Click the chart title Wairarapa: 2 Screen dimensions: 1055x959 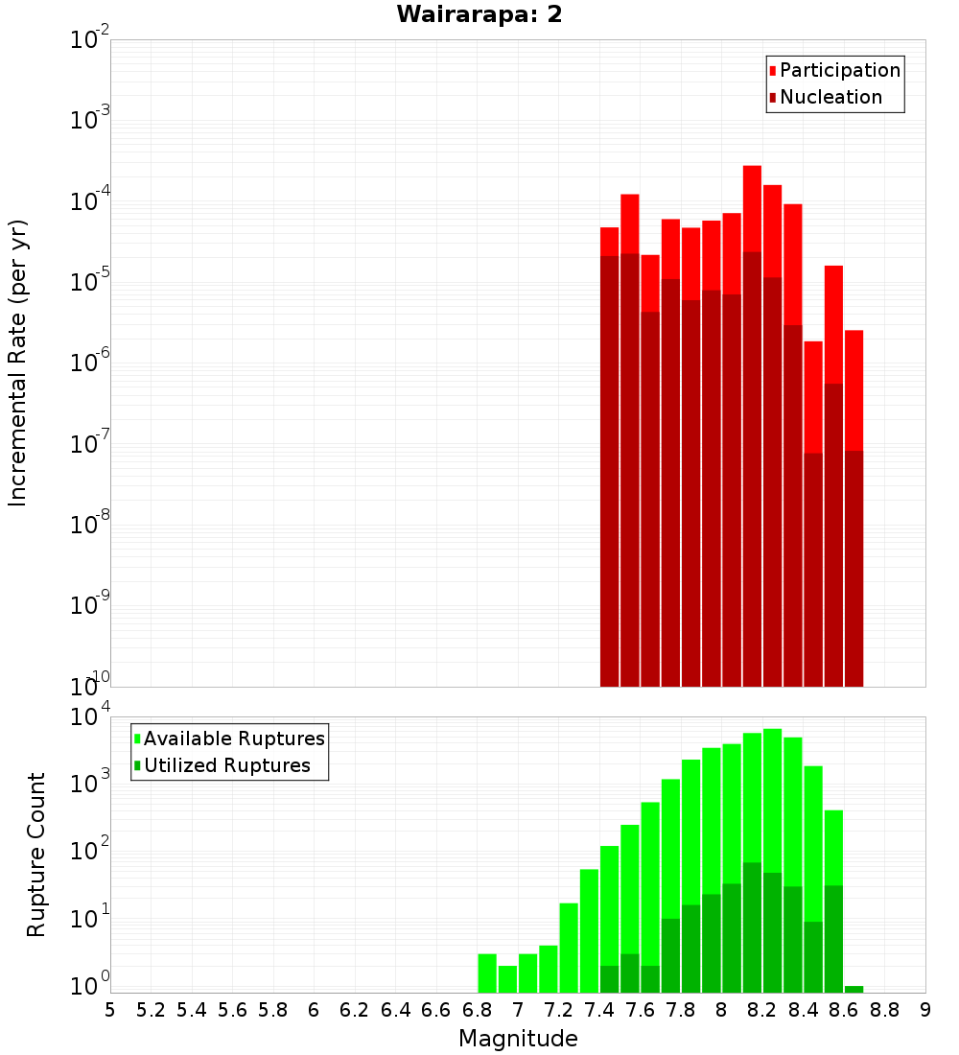(479, 14)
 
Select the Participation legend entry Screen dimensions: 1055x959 (840, 70)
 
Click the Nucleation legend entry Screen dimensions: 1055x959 (830, 97)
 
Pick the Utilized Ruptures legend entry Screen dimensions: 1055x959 (226, 765)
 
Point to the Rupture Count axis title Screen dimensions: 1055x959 (36, 855)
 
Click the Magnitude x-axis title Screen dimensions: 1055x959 (518, 1039)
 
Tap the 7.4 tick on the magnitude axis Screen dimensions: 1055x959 (599, 1010)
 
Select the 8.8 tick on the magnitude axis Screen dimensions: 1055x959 (885, 1010)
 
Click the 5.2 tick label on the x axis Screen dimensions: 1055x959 (152, 1010)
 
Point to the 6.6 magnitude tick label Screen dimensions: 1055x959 (436, 1010)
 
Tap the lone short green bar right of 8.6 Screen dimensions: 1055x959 (854, 989)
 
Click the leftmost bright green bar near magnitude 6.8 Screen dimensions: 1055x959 (487, 973)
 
